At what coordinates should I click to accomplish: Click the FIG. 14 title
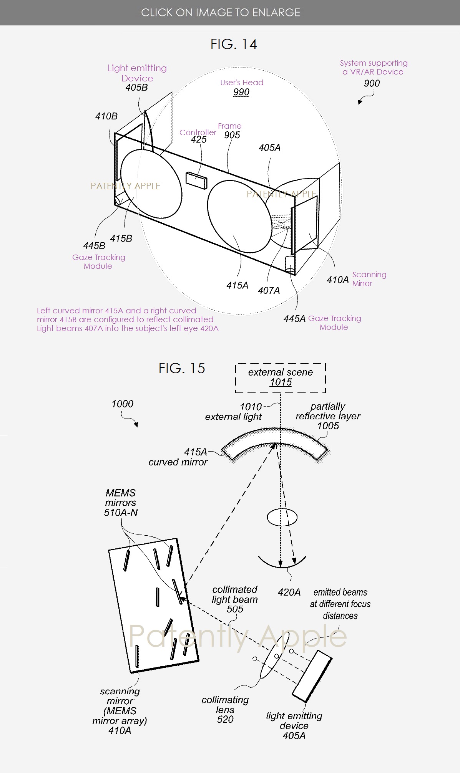[233, 45]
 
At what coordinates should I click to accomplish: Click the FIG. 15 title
[182, 369]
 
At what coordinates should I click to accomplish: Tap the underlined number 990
[241, 92]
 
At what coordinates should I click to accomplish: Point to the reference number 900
[372, 83]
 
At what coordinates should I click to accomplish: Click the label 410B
[106, 116]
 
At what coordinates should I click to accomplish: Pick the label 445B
[94, 246]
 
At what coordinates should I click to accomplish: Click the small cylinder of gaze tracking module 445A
[290, 265]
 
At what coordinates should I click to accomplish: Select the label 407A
[269, 291]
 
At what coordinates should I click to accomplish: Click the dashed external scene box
[281, 377]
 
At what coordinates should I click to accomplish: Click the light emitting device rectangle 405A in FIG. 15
[312, 676]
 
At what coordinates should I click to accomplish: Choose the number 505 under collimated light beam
[235, 609]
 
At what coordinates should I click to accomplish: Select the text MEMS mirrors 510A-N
[121, 503]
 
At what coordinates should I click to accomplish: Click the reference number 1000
[123, 404]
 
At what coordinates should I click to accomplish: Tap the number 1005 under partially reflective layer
[328, 426]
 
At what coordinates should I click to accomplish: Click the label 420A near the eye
[289, 592]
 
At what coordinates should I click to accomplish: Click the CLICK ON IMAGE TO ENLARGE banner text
[221, 13]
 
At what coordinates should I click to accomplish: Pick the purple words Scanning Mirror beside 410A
[369, 279]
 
